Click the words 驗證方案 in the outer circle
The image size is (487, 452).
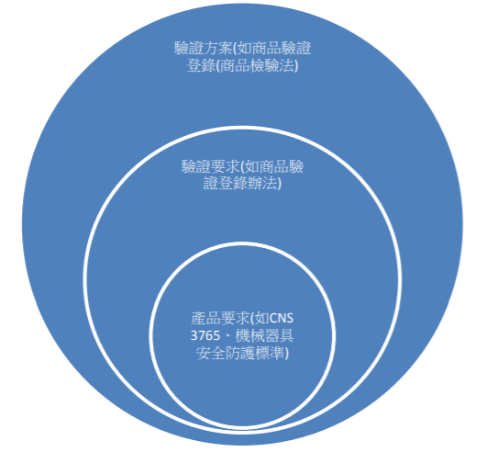tap(203, 49)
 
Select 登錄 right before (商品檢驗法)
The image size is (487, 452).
tap(201, 65)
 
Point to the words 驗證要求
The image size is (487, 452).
tap(210, 166)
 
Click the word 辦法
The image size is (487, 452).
tap(261, 183)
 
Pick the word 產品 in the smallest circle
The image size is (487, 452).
tap(205, 318)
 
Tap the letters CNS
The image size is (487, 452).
tap(282, 318)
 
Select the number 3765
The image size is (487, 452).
tap(205, 335)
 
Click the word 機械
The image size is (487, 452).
tap(250, 335)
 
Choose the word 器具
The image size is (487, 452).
tap(279, 335)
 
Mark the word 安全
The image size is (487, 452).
tap(210, 353)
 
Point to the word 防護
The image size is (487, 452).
tap(239, 353)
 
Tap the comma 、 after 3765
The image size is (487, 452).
tap(227, 338)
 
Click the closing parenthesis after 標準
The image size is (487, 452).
tap(286, 354)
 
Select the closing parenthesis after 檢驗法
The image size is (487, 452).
tap(296, 66)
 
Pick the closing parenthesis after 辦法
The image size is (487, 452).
tap(279, 183)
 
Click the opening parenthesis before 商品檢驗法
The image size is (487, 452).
tap(218, 66)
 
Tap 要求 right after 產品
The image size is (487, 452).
tap(234, 318)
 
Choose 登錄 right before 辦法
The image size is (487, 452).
tap(233, 183)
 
